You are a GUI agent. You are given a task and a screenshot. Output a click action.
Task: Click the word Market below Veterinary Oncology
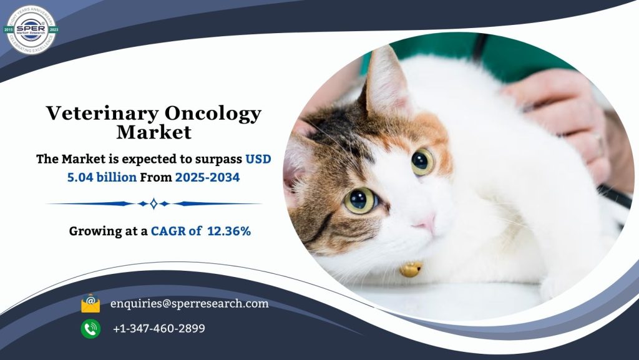pyautogui.click(x=154, y=132)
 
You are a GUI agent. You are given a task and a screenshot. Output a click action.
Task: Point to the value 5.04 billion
pyautogui.click(x=102, y=177)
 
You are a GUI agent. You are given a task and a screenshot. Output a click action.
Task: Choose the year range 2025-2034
pyautogui.click(x=207, y=177)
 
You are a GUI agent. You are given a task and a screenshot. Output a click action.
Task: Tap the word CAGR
pyautogui.click(x=168, y=231)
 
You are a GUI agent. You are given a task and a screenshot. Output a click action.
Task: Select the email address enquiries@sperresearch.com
pyautogui.click(x=189, y=304)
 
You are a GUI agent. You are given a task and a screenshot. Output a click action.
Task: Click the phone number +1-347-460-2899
pyautogui.click(x=159, y=328)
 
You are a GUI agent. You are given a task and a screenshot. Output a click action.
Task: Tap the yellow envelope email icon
pyautogui.click(x=90, y=304)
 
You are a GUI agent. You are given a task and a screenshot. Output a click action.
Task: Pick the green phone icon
pyautogui.click(x=90, y=328)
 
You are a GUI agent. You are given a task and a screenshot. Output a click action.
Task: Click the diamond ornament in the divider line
pyautogui.click(x=154, y=203)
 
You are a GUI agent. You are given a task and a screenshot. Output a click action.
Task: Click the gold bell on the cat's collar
pyautogui.click(x=410, y=269)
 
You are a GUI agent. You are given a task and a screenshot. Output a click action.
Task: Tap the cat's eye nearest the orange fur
pyautogui.click(x=422, y=162)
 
